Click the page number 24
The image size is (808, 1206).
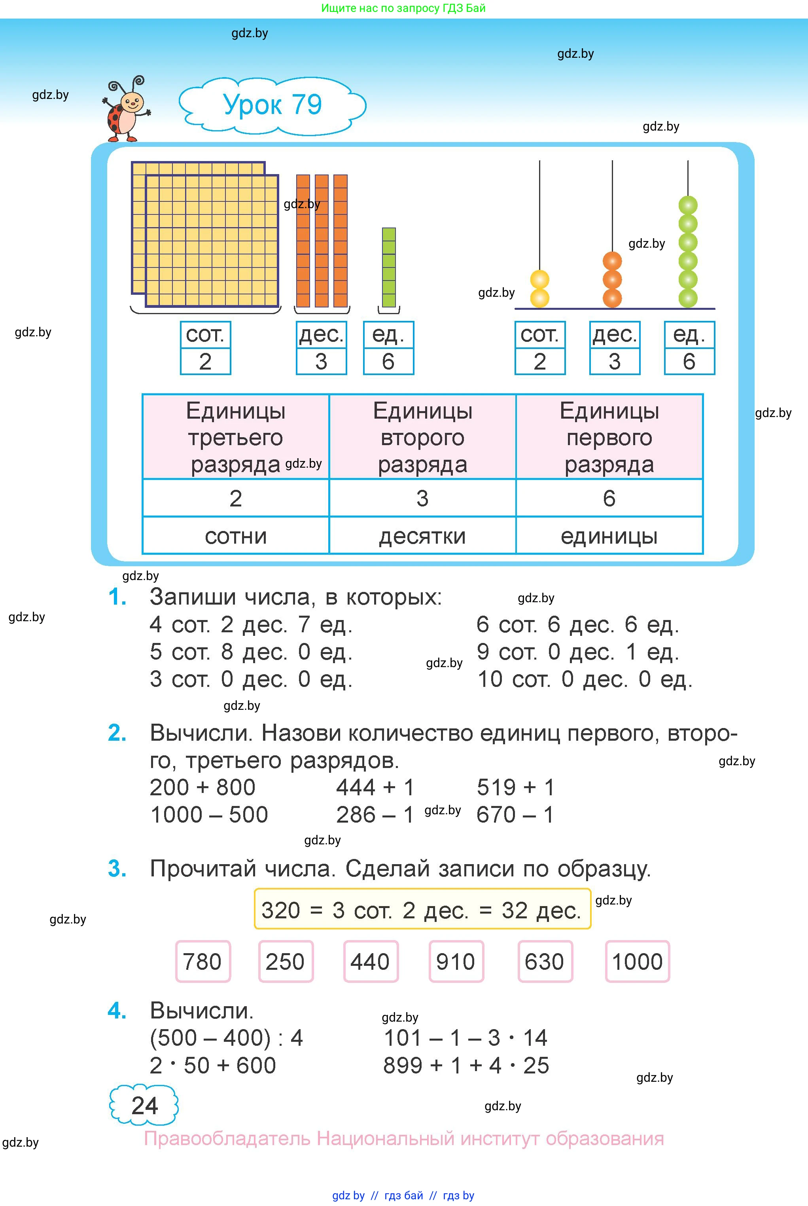click(x=144, y=1105)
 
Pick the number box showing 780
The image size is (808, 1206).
click(x=202, y=961)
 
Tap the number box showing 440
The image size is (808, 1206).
click(x=371, y=961)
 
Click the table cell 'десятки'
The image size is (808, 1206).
click(x=422, y=536)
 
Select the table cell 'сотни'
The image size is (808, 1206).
click(x=235, y=536)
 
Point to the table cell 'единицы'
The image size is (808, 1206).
click(x=609, y=536)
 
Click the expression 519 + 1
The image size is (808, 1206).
click(x=515, y=787)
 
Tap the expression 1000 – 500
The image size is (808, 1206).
click(x=209, y=815)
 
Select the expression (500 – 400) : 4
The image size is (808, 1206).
click(x=226, y=1037)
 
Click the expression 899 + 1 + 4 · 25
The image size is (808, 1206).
click(x=466, y=1065)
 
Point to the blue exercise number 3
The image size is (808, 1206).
click(x=117, y=869)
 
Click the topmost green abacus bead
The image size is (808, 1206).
click(x=688, y=205)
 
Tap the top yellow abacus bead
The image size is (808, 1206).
click(x=539, y=280)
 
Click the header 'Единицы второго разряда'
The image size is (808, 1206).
click(x=422, y=437)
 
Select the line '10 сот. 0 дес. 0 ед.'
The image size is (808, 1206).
click(x=585, y=679)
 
